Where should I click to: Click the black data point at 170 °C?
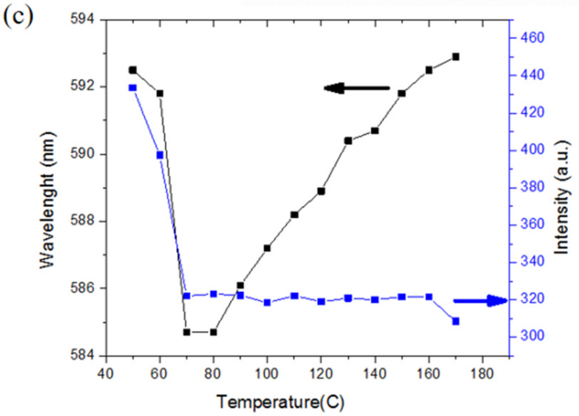point(456,57)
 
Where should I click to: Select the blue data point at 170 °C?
point(456,322)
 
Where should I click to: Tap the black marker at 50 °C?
point(133,70)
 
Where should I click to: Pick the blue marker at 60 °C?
point(160,155)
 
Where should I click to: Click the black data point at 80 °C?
point(213,332)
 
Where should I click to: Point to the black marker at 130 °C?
point(348,141)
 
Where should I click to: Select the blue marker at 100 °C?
point(267,302)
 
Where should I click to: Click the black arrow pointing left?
point(356,88)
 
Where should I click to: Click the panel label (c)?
point(18,16)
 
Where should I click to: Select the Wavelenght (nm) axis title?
point(48,200)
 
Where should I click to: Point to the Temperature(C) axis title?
point(281,402)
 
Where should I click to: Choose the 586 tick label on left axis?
point(82,288)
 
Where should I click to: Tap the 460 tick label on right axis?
point(532,38)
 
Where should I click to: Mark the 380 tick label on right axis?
point(532,187)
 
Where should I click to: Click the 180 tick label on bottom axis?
point(482,374)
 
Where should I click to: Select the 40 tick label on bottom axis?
point(105,374)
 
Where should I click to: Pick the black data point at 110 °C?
point(294,215)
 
